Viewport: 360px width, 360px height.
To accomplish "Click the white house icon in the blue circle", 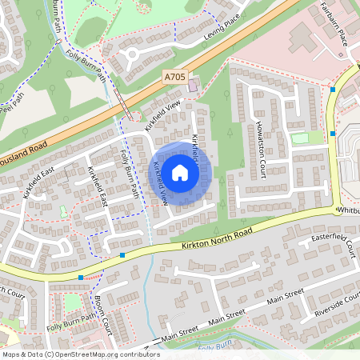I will [x=180, y=173].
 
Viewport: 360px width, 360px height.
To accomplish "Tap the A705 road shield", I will [x=174, y=77].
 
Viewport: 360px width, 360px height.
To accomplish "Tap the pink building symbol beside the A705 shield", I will [x=194, y=82].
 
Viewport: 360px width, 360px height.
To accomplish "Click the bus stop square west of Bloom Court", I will [x=80, y=278].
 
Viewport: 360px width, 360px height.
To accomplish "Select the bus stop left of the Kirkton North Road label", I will [x=122, y=255].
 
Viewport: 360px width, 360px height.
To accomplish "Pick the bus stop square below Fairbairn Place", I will [x=332, y=90].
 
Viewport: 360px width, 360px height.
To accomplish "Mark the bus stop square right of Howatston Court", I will [x=332, y=133].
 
